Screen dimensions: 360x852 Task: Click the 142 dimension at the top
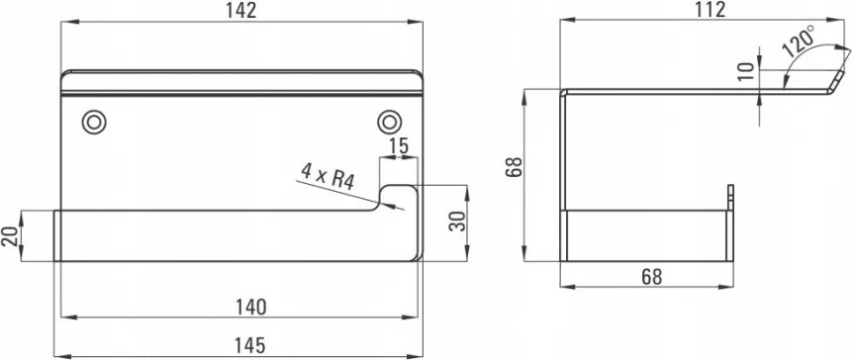tap(240, 12)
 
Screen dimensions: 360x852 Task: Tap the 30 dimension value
tap(454, 221)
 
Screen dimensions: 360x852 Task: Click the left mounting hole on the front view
tap(94, 121)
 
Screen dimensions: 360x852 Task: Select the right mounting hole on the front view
tap(388, 121)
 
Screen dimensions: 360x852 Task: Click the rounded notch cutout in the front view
tap(398, 196)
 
